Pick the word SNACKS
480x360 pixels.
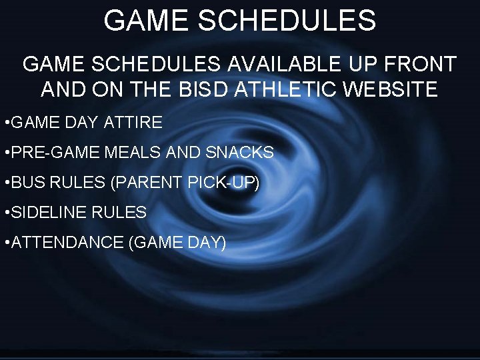coord(240,153)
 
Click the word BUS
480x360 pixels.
coord(29,183)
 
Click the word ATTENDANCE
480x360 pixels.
coord(67,243)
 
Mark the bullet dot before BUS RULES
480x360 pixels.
coord(5,183)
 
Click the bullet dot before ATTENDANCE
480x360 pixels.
coord(5,243)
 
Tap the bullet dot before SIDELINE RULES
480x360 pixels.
coord(5,213)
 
